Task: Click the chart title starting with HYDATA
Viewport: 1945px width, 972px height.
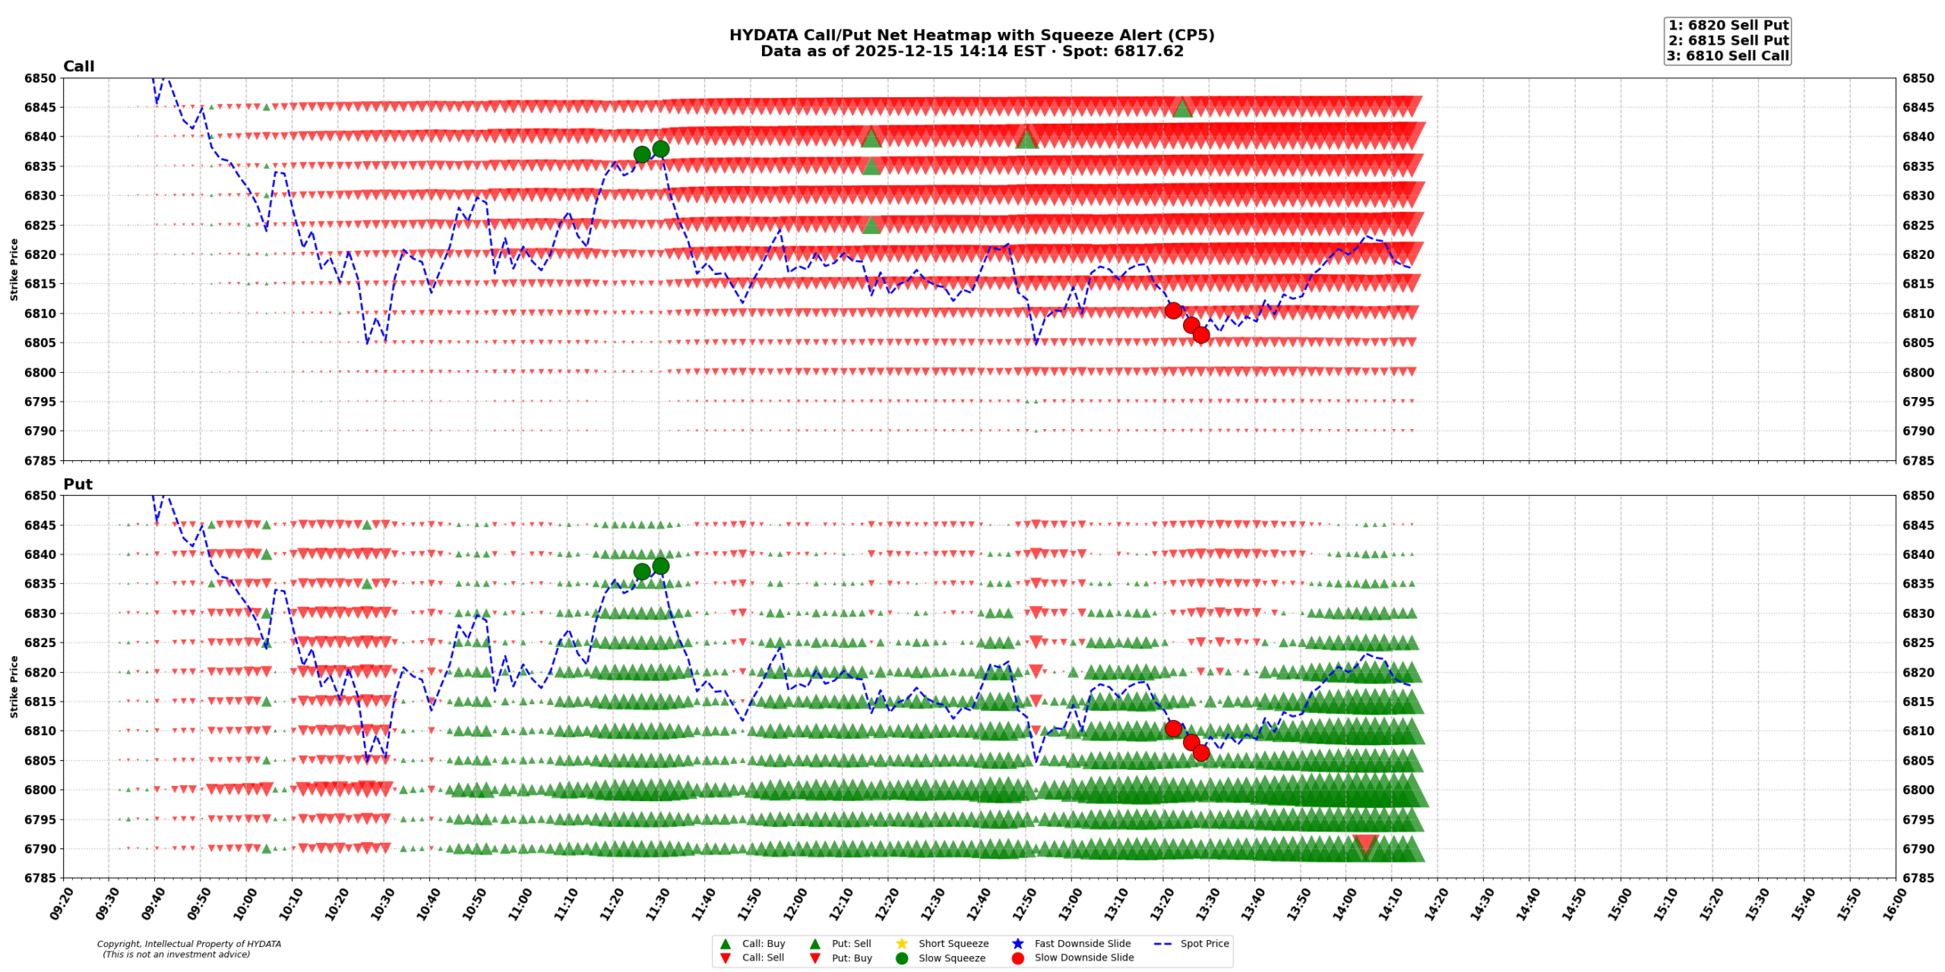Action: pos(971,36)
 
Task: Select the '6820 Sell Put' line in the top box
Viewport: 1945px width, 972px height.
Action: pos(1728,26)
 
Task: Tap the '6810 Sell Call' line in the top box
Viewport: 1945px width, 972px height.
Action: pos(1728,56)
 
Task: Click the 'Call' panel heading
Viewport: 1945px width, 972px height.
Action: pos(78,67)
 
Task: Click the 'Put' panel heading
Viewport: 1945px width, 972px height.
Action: pos(77,484)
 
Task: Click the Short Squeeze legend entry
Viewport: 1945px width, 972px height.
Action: pos(953,944)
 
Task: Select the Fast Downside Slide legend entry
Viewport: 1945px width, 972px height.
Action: pos(1082,944)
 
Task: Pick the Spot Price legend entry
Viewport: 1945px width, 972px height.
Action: pos(1203,944)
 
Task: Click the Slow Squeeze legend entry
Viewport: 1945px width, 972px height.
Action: pos(951,958)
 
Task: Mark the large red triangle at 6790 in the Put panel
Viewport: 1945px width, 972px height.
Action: pos(1365,844)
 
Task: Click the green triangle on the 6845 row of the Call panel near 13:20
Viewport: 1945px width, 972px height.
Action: pos(1182,108)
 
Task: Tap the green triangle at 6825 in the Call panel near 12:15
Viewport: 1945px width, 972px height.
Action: pos(871,225)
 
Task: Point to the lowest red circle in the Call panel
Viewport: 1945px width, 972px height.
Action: pos(1200,335)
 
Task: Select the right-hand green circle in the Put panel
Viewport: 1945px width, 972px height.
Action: pos(660,566)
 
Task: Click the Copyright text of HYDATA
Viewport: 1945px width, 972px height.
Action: pos(188,945)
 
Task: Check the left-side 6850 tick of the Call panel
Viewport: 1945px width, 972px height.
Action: pos(40,78)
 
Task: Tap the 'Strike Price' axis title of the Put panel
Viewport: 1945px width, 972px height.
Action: pos(14,686)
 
